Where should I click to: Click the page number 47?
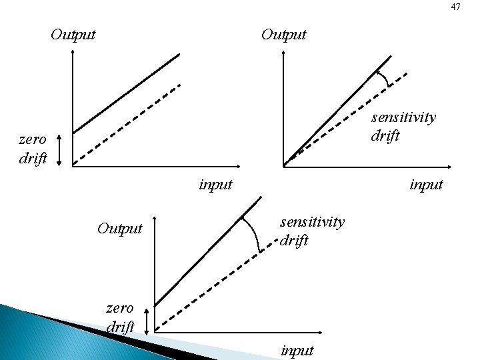[x=455, y=7]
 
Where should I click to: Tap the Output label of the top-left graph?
[x=73, y=34]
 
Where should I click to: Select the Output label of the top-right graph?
[x=284, y=34]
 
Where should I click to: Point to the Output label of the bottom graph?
[x=120, y=229]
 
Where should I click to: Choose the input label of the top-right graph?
[x=426, y=184]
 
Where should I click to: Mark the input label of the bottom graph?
[x=297, y=349]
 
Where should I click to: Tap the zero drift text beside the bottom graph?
[x=121, y=317]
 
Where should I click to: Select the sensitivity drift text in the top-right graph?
[x=403, y=127]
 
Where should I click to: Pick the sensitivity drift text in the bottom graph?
[x=312, y=231]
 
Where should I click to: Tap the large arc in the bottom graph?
[x=253, y=233]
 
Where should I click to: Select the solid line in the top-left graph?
[x=127, y=93]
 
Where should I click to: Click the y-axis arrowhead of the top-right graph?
[x=284, y=53]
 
